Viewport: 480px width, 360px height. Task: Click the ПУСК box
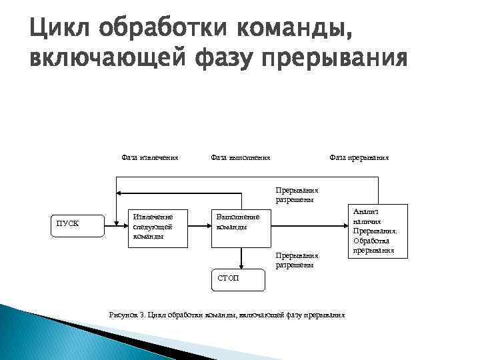point(77,226)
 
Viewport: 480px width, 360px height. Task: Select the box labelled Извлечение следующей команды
point(157,227)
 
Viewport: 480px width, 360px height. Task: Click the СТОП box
point(237,280)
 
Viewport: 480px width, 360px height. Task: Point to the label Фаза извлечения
point(149,157)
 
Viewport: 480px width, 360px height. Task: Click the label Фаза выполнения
point(240,157)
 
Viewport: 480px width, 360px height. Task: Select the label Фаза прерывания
point(359,157)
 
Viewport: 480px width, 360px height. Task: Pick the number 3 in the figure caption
point(141,315)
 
